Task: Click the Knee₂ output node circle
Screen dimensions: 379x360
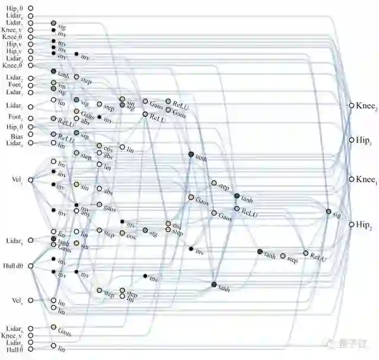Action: (351, 105)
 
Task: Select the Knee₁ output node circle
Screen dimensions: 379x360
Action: (351, 179)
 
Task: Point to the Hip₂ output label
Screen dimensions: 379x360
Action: (363, 224)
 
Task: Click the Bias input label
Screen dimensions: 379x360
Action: (16, 136)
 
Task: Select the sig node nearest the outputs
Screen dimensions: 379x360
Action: (328, 211)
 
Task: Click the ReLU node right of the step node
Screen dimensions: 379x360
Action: (306, 253)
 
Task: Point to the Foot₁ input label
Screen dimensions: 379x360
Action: (14, 85)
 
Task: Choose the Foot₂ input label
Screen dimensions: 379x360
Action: (14, 117)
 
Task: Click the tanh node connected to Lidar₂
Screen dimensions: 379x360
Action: (53, 72)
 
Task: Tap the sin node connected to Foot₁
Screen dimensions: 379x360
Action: (53, 83)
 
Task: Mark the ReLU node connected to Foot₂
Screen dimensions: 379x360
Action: (53, 119)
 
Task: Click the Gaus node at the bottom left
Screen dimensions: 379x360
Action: (53, 327)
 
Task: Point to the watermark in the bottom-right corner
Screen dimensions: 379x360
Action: (349, 343)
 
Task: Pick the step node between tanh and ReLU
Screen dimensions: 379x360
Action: (283, 256)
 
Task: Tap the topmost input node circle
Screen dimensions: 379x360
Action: (30, 8)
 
